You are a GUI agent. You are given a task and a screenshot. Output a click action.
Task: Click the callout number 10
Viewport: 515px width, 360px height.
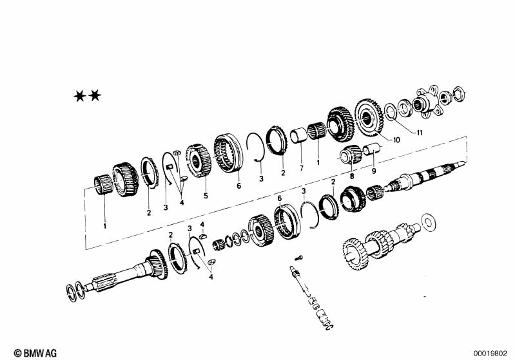tap(396, 140)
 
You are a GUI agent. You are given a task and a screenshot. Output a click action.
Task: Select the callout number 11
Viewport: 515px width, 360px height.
tap(419, 133)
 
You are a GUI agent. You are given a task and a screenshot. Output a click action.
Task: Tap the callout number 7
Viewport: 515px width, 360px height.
tap(302, 168)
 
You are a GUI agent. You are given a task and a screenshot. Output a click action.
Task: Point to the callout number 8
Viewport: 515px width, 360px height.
tap(352, 176)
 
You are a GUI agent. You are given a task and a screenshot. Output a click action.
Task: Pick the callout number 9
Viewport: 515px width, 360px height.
tap(374, 171)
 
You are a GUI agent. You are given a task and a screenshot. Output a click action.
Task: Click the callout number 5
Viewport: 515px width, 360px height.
tap(206, 196)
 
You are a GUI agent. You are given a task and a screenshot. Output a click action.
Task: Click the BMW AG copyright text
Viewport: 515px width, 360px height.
tap(35, 353)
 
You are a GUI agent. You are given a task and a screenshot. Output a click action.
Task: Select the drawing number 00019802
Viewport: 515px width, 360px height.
tap(490, 354)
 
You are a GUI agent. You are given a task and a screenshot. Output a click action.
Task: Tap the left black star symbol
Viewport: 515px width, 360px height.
tap(80, 96)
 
